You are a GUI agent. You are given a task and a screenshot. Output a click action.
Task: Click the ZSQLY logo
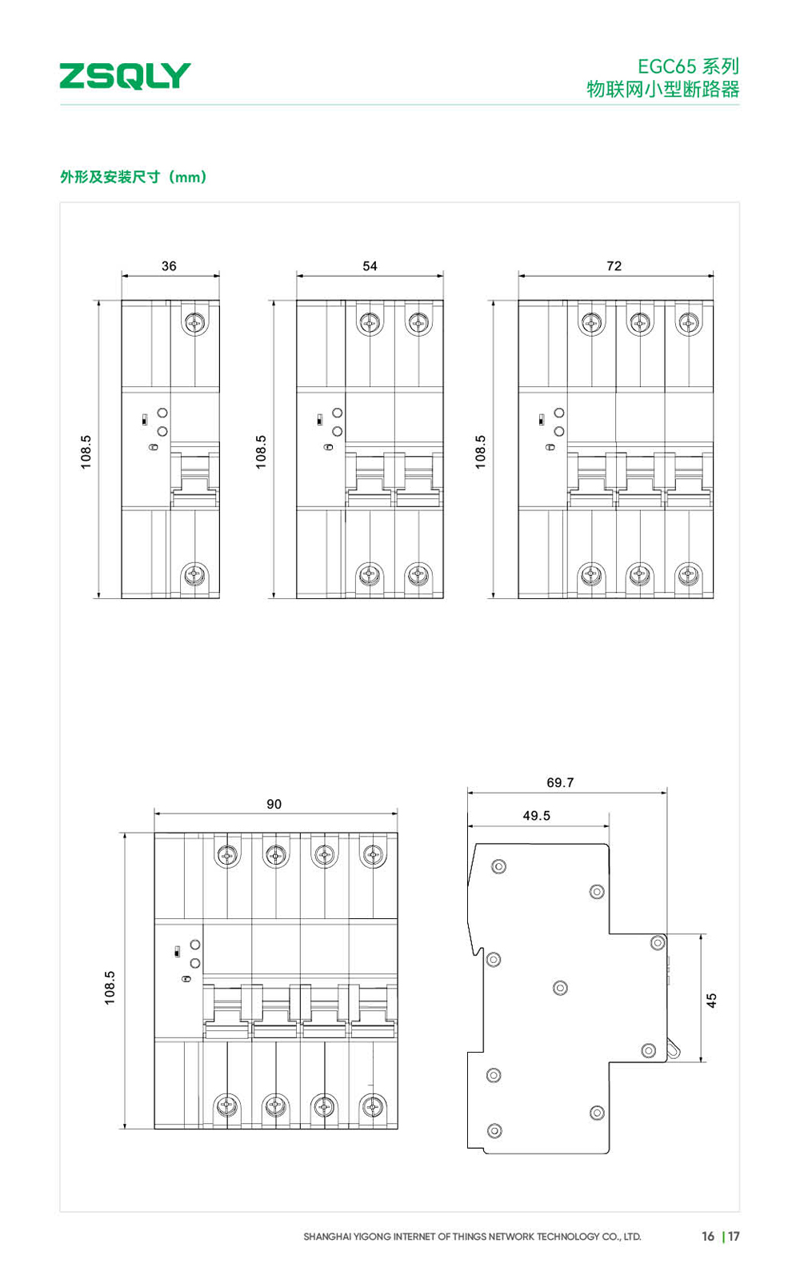[x=125, y=75]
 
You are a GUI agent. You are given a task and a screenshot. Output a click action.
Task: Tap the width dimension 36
[x=169, y=266]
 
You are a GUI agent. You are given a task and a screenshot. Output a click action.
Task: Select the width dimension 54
[x=370, y=266]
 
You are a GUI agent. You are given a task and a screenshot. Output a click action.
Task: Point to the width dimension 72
[x=614, y=266]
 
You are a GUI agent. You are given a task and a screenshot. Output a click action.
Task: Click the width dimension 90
[x=274, y=804]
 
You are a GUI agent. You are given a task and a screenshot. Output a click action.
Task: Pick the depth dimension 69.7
[x=560, y=782]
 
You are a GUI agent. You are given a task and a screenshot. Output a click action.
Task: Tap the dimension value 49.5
[x=536, y=816]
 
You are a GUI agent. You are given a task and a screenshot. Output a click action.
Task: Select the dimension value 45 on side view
[x=711, y=1000]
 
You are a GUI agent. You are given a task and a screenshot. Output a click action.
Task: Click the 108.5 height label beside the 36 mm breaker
[x=86, y=452]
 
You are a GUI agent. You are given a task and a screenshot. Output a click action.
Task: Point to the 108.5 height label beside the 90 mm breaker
[x=110, y=988]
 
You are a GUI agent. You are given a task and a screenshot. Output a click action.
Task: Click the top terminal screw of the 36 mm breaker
[x=194, y=323]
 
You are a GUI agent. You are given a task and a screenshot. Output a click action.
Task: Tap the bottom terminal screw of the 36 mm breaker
[x=194, y=574]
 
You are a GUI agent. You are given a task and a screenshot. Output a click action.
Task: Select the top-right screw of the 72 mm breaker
[x=689, y=323]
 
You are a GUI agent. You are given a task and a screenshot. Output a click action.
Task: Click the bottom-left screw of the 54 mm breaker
[x=370, y=574]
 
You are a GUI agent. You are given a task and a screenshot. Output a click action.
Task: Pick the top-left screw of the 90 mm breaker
[x=227, y=855]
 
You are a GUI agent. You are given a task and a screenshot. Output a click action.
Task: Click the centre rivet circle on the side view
[x=560, y=988]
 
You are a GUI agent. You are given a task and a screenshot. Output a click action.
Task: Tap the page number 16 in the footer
[x=708, y=1236]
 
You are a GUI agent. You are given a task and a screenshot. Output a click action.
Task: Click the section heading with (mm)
[x=134, y=177]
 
